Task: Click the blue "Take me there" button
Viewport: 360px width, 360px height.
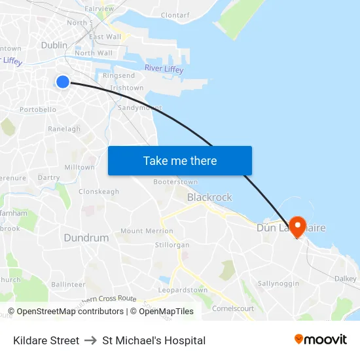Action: (x=180, y=160)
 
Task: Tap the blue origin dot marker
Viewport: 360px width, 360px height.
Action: (x=63, y=82)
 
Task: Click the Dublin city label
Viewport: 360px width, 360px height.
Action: (x=54, y=45)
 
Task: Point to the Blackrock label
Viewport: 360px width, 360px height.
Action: (x=209, y=197)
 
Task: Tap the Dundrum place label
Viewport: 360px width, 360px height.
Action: (x=86, y=238)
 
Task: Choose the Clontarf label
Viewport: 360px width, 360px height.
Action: (x=175, y=15)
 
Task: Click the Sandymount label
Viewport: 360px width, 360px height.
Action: (x=140, y=107)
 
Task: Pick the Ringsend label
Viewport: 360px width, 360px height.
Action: (x=118, y=76)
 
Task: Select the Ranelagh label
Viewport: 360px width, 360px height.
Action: (x=64, y=129)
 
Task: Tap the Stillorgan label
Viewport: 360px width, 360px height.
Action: (x=172, y=245)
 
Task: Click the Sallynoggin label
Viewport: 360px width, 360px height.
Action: (x=278, y=283)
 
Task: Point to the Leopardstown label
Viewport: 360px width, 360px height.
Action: (x=183, y=290)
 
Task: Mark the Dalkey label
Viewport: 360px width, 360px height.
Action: (x=345, y=278)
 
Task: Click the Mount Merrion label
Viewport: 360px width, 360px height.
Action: (x=147, y=231)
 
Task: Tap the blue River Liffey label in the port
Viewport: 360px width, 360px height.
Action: (x=164, y=69)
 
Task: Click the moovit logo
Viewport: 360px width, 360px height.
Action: (x=321, y=340)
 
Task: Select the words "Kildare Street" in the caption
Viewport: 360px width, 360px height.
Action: (x=46, y=340)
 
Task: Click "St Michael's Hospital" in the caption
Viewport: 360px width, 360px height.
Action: (x=154, y=340)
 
